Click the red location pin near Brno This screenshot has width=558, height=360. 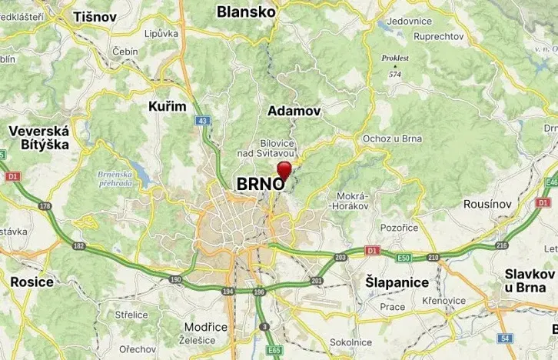284,169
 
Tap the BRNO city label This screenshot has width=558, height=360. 261,185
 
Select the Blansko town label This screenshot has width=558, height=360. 246,12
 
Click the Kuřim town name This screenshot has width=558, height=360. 167,106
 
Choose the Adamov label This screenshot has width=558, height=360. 294,111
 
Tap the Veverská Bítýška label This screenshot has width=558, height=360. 38,137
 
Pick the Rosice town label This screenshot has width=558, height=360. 32,282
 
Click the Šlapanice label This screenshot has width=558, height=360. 397,282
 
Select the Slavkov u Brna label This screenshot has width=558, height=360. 530,280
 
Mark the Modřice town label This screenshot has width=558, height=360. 206,327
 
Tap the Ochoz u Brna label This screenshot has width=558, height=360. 393,138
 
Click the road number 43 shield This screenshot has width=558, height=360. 202,121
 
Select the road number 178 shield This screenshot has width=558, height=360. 45,206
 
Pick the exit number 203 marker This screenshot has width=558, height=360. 340,257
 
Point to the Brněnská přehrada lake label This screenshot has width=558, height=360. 116,178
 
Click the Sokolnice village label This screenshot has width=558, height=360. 350,342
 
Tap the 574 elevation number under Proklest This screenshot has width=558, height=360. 395,74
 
